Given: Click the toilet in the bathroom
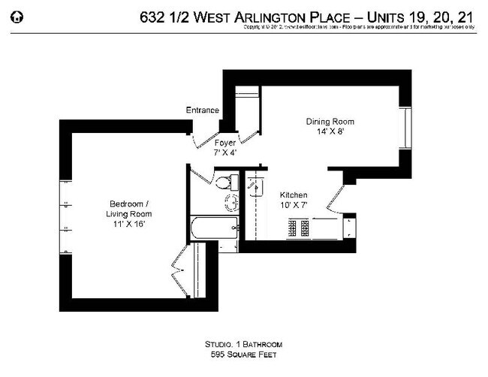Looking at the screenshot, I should coord(222,182).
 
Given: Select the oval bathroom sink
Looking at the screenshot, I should coord(232,202).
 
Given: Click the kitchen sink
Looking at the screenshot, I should coord(252,182).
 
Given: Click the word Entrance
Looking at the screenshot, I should coord(203,110).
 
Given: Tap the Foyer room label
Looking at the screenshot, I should coord(225,142).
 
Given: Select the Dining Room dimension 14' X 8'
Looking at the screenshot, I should coord(330,131).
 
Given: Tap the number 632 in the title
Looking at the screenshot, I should coord(154,17).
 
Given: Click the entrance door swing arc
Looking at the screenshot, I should coord(200,142).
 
